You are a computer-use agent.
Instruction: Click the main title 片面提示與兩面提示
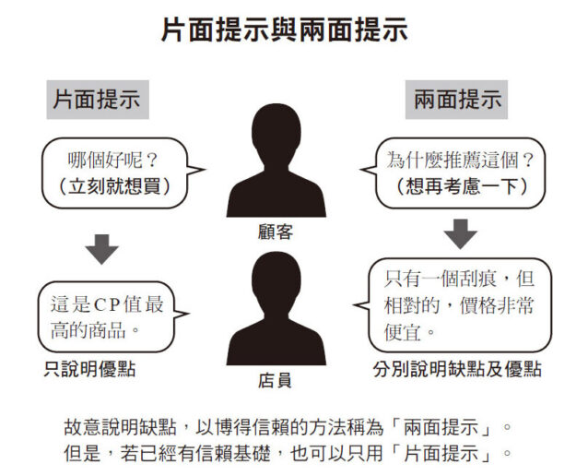tap(284, 30)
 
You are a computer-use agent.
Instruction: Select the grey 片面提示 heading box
tap(98, 100)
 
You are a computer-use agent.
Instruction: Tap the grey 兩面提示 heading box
tap(456, 100)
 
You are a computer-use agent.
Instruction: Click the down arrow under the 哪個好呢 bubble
tap(101, 249)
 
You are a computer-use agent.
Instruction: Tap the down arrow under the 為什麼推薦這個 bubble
tap(461, 234)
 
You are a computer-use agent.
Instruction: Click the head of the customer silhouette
tap(276, 131)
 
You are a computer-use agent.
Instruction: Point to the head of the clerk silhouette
tap(276, 280)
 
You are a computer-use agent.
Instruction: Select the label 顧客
tap(276, 232)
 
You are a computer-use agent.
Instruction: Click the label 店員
tap(275, 380)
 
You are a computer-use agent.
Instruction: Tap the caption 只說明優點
tap(89, 369)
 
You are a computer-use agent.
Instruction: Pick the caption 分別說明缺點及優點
tap(457, 369)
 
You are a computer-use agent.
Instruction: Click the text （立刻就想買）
tap(114, 186)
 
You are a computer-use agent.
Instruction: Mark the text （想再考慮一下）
tap(462, 186)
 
